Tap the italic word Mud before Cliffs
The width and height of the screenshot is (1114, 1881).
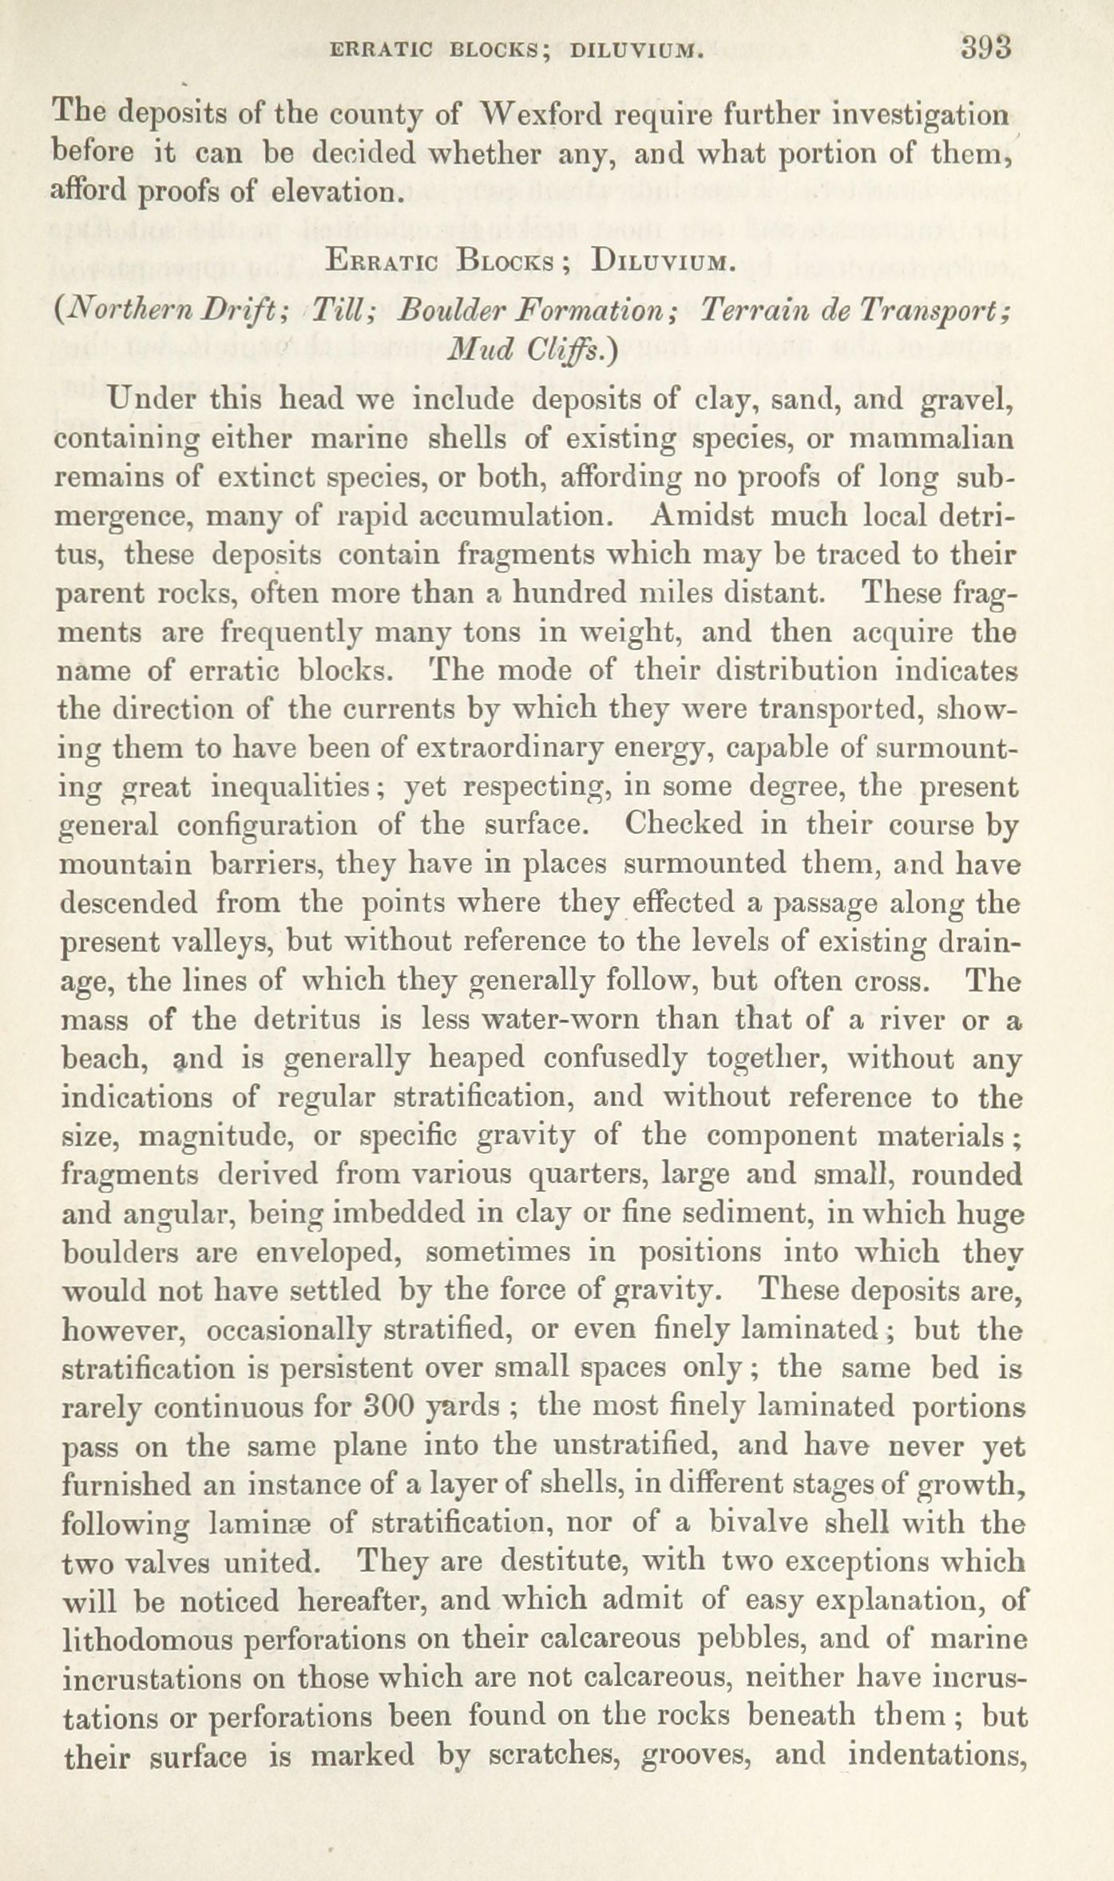point(477,349)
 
